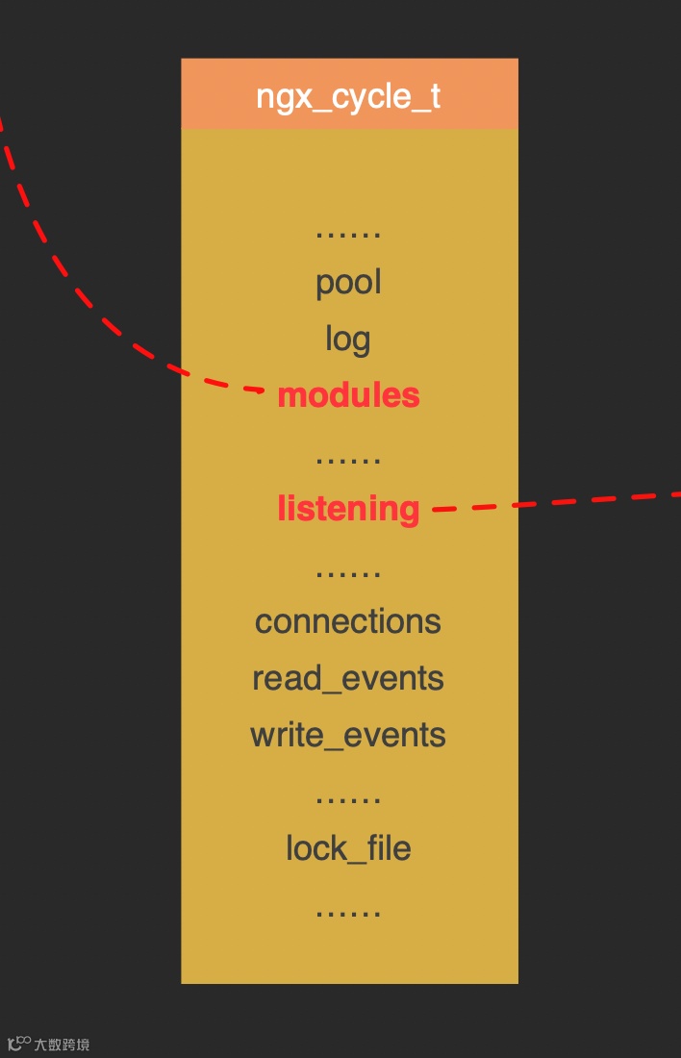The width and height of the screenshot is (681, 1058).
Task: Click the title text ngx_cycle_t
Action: (x=348, y=96)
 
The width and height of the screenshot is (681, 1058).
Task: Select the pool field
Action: (x=348, y=282)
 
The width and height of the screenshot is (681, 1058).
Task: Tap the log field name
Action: (x=348, y=339)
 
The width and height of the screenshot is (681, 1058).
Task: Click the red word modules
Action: (x=348, y=395)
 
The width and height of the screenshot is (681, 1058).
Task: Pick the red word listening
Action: (x=348, y=508)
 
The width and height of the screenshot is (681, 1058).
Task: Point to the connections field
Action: (x=348, y=621)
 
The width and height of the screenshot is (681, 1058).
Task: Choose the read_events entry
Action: (x=348, y=678)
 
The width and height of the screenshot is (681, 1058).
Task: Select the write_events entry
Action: (x=348, y=735)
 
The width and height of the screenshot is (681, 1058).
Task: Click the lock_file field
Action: (x=348, y=848)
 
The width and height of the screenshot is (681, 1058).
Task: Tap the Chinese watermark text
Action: (x=63, y=1045)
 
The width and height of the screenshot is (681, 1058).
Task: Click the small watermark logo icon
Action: (x=18, y=1044)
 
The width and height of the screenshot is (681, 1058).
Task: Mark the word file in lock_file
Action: (x=387, y=848)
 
